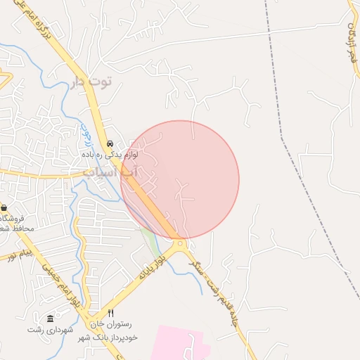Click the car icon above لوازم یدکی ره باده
pyautogui.click(x=110, y=143)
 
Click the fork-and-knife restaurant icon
pyautogui.click(x=110, y=313)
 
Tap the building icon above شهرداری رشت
pyautogui.click(x=49, y=319)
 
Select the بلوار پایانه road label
pyautogui.click(x=153, y=268)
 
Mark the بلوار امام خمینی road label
pyautogui.click(x=59, y=285)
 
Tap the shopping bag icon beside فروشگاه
pyautogui.click(x=4, y=208)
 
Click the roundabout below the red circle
pyautogui.click(x=181, y=244)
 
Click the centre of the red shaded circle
pyautogui.click(x=180, y=179)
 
